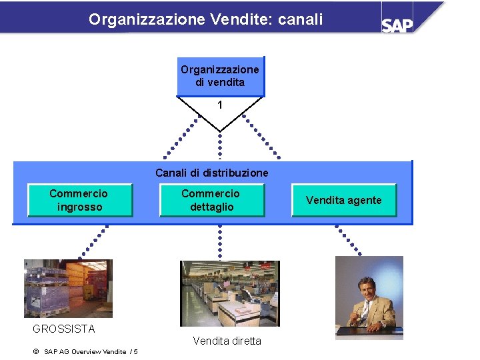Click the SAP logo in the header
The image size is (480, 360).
397,25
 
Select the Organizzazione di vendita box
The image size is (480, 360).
220,76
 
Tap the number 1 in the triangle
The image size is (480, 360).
220,105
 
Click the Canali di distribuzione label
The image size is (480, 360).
212,173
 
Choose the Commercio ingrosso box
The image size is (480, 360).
79,200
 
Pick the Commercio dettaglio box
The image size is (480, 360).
211,200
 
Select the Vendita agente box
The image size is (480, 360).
344,200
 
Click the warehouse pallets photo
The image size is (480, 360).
68,288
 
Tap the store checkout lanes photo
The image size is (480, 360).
230,293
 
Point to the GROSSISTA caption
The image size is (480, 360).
64,329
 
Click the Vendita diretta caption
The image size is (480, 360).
227,341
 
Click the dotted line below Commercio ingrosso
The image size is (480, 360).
93,241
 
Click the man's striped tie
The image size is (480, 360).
365,311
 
